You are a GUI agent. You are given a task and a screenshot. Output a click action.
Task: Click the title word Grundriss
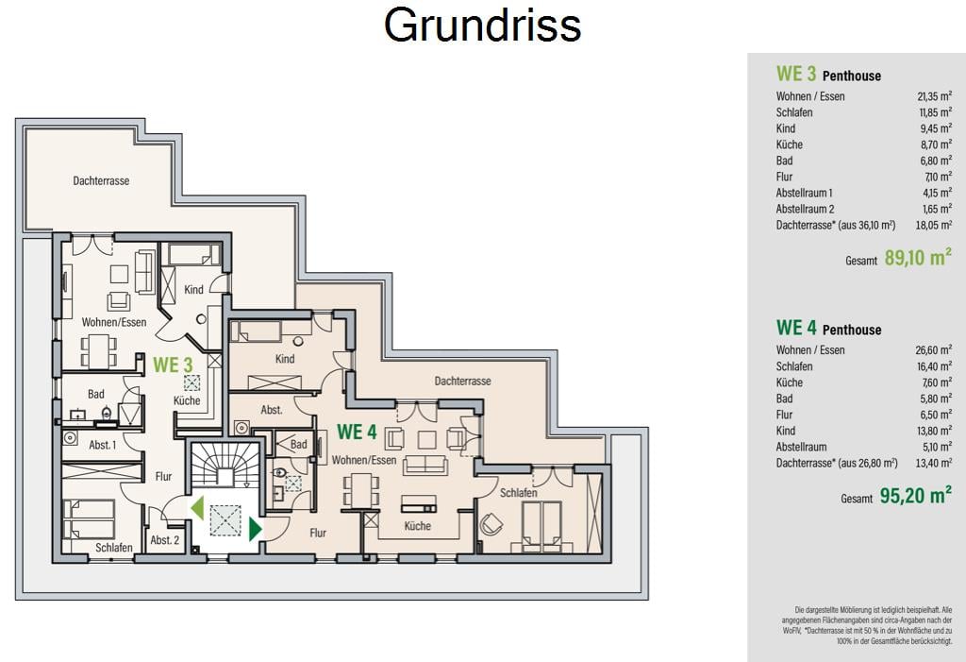point(482,25)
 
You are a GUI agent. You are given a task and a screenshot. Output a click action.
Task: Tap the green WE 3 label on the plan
point(174,365)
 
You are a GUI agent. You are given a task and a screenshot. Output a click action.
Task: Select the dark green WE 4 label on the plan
point(357,432)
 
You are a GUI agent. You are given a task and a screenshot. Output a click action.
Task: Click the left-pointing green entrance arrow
point(197,508)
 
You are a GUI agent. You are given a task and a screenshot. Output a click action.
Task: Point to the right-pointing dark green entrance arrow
point(256,530)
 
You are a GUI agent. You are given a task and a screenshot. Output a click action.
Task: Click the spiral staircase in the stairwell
point(225,465)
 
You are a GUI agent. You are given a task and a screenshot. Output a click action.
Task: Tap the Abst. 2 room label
point(165,540)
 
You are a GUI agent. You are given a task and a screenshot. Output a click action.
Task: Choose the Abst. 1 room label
point(102,444)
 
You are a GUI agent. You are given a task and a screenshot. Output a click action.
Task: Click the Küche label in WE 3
point(187,400)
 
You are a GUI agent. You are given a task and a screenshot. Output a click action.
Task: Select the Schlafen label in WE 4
point(518,492)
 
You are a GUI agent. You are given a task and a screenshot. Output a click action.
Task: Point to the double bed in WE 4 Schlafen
point(542,526)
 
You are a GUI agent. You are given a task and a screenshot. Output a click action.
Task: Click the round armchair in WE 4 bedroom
point(491,524)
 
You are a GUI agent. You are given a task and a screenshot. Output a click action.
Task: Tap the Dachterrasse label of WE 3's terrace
point(101,180)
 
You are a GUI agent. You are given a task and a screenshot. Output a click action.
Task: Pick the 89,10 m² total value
point(918,257)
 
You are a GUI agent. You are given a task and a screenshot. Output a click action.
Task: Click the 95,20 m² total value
point(915,496)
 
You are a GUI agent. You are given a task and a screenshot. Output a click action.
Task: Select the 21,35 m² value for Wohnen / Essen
point(934,96)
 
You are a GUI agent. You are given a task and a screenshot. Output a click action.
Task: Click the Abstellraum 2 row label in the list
point(806,209)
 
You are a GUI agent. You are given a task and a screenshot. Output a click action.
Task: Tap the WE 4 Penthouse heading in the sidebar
point(828,328)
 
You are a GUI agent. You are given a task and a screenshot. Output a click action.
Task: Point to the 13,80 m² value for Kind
point(934,431)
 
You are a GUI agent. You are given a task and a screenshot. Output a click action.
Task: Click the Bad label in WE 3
point(95,394)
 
